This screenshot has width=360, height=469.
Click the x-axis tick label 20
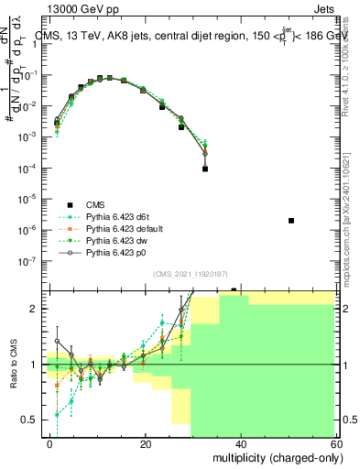[146, 442]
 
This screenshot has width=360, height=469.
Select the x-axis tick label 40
[241, 442]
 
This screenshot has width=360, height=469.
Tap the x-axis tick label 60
[335, 442]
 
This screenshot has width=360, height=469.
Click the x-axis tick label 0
[50, 442]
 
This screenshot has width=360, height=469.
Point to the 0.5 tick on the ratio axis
[30, 420]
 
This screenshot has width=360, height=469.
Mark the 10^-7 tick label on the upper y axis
[27, 260]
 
